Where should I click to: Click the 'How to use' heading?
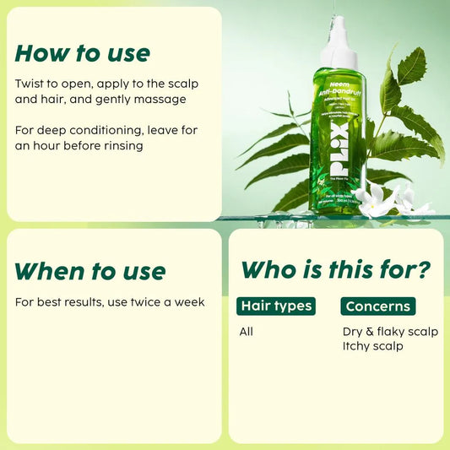82,53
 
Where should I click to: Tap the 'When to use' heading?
90,271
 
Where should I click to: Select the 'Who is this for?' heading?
336,269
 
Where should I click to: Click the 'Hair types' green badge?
276,306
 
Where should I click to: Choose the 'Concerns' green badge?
377,306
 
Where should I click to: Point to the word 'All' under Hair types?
246,331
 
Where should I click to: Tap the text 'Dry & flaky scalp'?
390,331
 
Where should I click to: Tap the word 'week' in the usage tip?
188,301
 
